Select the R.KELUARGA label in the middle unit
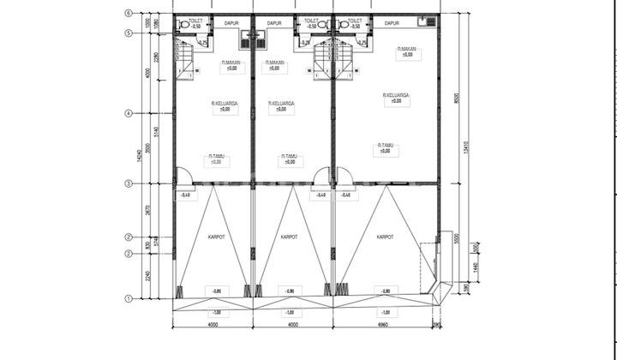point(280,105)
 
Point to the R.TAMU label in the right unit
point(386,147)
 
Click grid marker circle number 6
point(128,13)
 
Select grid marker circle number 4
point(128,112)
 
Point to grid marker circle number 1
point(128,298)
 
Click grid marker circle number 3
point(128,183)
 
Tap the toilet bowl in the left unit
point(185,26)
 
